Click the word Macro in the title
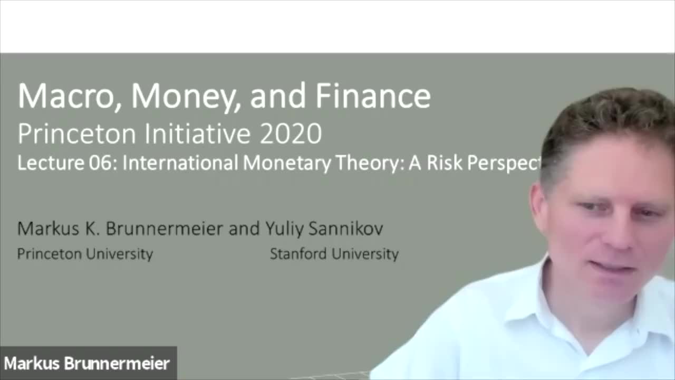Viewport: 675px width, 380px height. coord(66,97)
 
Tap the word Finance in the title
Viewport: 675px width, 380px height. coord(373,97)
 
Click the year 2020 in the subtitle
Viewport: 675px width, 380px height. coord(291,134)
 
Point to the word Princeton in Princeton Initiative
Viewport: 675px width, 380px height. coord(77,134)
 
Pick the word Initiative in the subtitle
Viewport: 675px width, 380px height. coord(198,134)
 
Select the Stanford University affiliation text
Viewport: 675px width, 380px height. coord(334,254)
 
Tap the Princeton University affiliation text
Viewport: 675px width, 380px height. coord(85,254)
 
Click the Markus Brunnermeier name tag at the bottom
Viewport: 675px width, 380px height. coord(87,364)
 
